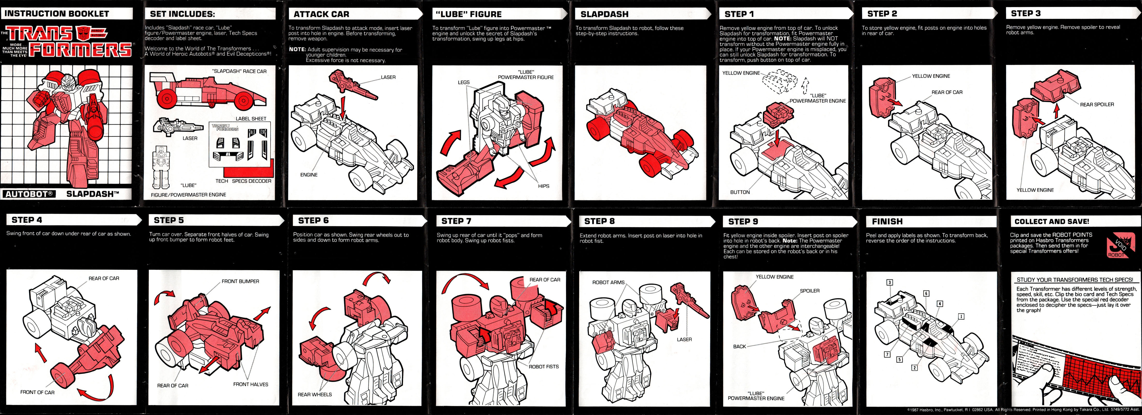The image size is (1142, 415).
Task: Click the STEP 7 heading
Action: click(456, 221)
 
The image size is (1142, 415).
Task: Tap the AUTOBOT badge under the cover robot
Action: click(30, 194)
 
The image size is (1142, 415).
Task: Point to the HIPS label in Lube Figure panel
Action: click(544, 186)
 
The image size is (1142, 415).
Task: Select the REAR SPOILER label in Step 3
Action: click(1097, 105)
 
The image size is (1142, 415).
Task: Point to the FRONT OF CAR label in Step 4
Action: click(37, 392)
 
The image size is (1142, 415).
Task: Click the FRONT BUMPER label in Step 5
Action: click(240, 281)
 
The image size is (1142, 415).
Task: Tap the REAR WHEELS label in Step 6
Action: click(314, 395)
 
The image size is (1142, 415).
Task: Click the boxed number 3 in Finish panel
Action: click(889, 282)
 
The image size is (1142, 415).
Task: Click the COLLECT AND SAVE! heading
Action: click(1051, 221)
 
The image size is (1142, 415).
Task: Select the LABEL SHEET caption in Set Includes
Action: click(251, 119)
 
